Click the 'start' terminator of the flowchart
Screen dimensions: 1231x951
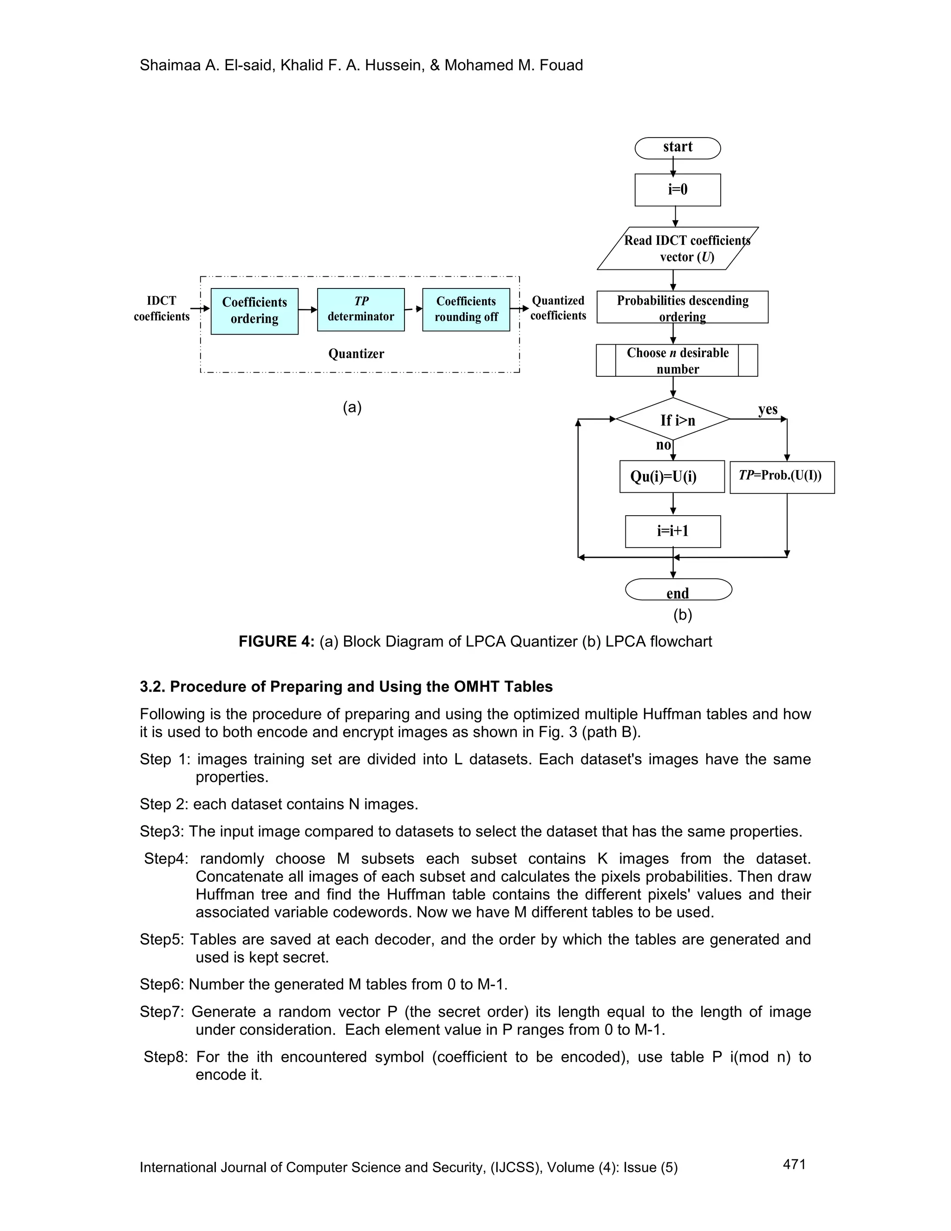677,148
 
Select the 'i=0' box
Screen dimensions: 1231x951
677,190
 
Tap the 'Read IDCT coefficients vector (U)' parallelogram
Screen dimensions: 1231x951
678,249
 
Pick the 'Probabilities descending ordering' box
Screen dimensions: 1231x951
682,307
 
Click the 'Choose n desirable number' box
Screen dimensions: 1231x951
677,360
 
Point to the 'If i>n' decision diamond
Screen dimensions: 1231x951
673,419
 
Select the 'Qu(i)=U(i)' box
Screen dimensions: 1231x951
671,477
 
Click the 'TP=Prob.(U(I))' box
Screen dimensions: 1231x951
782,478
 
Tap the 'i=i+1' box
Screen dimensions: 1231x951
673,531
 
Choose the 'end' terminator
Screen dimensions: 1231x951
678,590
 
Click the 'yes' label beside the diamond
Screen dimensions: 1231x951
767,409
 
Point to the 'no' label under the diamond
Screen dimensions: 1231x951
663,445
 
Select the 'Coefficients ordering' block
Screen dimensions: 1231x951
254,311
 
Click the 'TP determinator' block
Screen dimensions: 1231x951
360,309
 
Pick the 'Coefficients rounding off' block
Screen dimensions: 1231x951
466,309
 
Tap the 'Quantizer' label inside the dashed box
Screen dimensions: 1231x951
356,354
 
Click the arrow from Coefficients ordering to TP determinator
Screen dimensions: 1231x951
307,309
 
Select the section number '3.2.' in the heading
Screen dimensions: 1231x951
153,687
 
